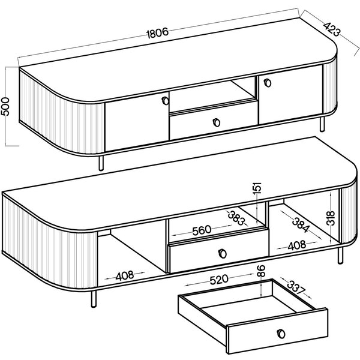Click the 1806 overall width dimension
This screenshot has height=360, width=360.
point(157,33)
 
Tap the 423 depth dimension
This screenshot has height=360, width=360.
point(332,29)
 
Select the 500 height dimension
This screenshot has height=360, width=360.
point(5,107)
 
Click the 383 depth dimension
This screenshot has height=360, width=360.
point(237,218)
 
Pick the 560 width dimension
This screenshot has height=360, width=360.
point(202,230)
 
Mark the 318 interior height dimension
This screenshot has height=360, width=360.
point(331,218)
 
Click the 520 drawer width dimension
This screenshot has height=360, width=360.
point(219,280)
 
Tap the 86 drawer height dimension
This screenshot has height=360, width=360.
point(261,271)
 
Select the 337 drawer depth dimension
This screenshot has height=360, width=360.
point(295,287)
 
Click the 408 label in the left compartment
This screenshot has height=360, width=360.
point(124,276)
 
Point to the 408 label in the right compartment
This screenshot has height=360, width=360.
point(297,245)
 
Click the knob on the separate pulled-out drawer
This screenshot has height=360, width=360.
point(281,334)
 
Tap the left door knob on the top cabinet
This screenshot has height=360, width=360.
point(165,101)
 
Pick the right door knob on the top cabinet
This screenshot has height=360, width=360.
point(268,83)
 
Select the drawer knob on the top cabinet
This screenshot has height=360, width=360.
point(216,122)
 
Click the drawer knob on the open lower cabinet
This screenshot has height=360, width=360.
point(223,253)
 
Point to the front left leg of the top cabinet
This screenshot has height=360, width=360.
point(101,163)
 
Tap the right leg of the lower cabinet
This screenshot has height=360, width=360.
point(340,256)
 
